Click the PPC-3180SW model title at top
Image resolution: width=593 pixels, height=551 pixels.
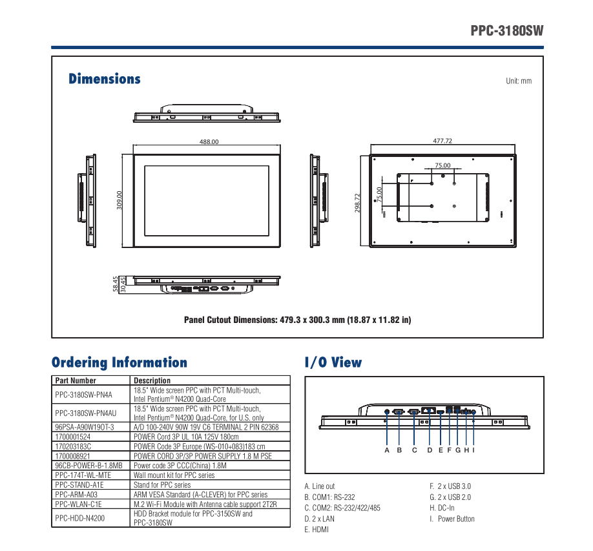[x=506, y=30]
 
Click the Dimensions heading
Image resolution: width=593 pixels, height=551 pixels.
[x=104, y=79]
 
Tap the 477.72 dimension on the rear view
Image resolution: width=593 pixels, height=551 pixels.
[x=442, y=141]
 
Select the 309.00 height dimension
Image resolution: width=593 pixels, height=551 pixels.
[x=120, y=200]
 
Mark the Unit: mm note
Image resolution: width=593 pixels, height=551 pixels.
[x=519, y=81]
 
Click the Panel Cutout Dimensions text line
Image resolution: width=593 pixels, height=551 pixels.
[x=297, y=320]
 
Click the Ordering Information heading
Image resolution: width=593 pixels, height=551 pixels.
[x=120, y=362]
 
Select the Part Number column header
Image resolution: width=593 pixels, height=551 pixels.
[x=76, y=380]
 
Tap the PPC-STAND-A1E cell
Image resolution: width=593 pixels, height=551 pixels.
[x=79, y=484]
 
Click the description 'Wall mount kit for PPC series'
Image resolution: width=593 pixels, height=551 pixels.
[x=174, y=475]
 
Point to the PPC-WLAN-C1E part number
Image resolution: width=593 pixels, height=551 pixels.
[x=79, y=504]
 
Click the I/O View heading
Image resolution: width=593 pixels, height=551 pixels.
[x=333, y=362]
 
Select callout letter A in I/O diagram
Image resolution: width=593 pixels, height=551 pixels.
[x=387, y=450]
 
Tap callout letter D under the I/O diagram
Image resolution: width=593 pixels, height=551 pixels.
[x=430, y=450]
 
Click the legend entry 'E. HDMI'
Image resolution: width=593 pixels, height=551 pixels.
[x=317, y=530]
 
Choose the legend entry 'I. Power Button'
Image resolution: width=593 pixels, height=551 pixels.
[x=452, y=519]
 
